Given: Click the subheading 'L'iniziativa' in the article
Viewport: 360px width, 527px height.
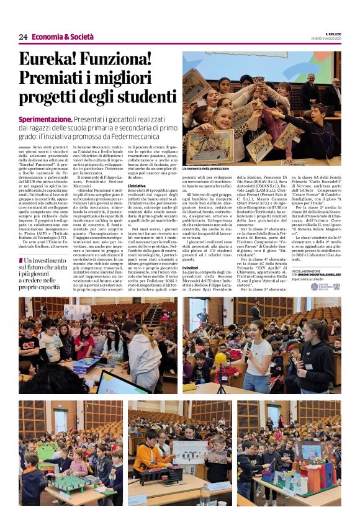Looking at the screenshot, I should (137, 186).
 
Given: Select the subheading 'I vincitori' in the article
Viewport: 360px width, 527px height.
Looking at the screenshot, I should (191, 266).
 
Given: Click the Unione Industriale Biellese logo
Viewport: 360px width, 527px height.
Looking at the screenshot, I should (335, 286).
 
